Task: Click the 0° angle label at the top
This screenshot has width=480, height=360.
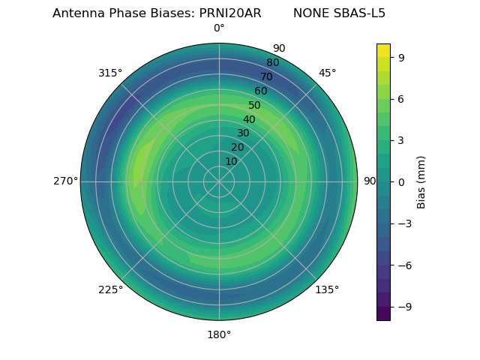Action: coord(219,28)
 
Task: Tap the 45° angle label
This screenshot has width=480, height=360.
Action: coord(327,73)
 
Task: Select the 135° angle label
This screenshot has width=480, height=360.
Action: coord(327,289)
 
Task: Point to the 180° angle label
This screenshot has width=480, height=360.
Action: coord(219,334)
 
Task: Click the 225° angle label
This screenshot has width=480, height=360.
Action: coord(110,289)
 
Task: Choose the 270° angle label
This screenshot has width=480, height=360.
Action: coord(65,181)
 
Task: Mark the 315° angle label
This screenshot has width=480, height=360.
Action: coord(110,73)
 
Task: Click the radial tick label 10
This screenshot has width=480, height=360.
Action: coord(231,161)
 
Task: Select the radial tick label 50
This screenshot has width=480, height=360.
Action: coord(255,105)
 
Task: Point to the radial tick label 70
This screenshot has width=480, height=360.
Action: coord(266,76)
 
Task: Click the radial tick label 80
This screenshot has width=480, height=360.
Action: coord(272,63)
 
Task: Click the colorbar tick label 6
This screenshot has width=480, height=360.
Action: coord(401,98)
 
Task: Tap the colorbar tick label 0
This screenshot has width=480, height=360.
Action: coord(401,181)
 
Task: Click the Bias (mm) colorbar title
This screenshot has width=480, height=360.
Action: coord(421,181)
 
